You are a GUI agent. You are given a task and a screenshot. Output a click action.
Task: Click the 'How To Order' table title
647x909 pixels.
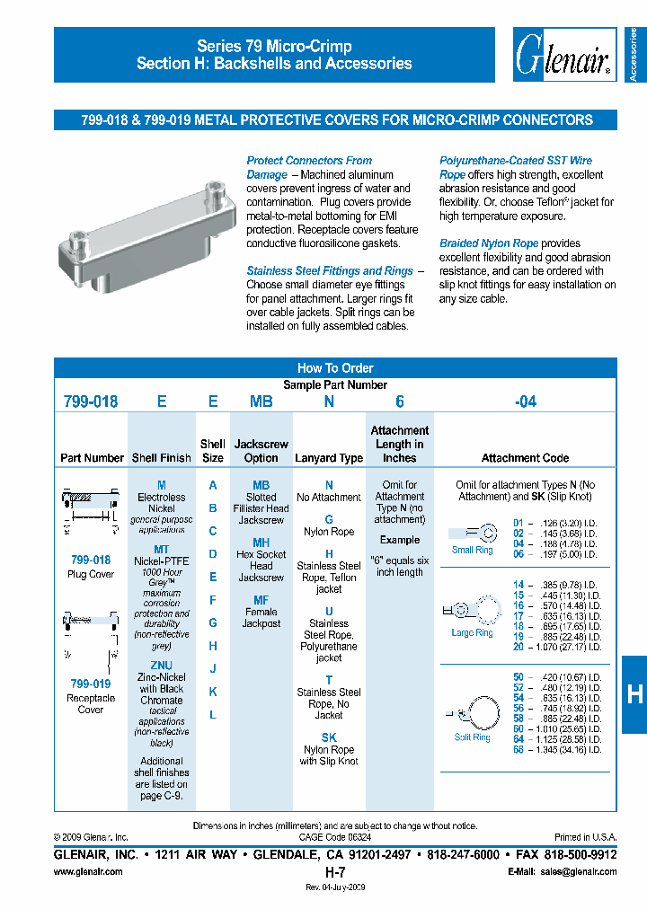point(335,368)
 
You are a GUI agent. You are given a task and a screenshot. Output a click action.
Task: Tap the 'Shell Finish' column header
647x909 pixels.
point(162,458)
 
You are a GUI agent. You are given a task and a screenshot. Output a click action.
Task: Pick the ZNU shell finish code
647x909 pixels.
point(162,666)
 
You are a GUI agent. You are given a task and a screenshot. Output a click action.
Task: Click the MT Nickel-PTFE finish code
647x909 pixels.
point(162,549)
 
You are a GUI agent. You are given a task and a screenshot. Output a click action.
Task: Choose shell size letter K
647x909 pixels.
point(213,692)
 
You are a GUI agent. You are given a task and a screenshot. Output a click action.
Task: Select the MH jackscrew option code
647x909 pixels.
point(261,543)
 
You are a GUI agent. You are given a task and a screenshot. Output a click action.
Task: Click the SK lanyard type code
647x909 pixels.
point(329,737)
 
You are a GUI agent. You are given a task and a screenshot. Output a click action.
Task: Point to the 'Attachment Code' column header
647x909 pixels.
point(525,458)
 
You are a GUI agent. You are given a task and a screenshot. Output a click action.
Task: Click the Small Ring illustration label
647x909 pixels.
point(472,551)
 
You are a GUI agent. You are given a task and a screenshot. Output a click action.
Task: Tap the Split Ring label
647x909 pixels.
point(472,737)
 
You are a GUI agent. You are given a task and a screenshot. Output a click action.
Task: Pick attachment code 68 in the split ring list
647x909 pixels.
point(518,749)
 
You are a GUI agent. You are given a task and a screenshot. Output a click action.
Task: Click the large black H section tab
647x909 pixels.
point(634,693)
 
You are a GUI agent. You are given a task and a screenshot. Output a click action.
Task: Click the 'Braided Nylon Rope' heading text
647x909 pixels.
point(484,243)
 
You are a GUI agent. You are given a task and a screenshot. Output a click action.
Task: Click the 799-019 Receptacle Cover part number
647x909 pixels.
point(90,684)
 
